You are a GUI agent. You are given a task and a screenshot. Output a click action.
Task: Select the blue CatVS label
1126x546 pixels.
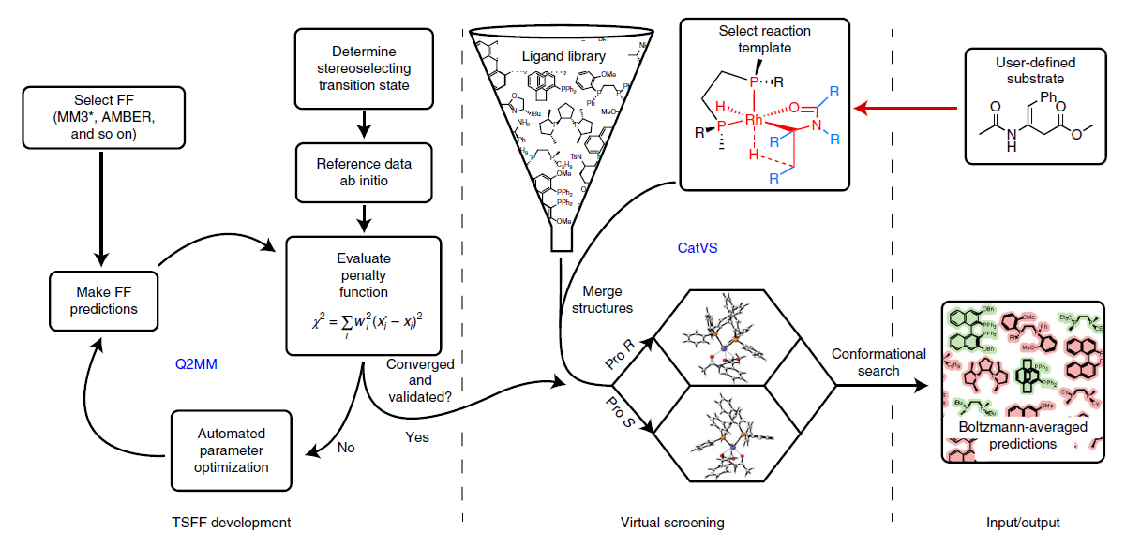(x=697, y=249)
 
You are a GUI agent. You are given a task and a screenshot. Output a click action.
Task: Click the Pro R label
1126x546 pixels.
(x=619, y=357)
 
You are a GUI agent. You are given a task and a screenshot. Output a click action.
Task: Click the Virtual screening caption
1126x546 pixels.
(x=675, y=522)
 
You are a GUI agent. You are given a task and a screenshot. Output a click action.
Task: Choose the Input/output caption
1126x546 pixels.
(x=1022, y=522)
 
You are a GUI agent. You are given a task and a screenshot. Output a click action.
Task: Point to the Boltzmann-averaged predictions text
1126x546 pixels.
(x=1026, y=435)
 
